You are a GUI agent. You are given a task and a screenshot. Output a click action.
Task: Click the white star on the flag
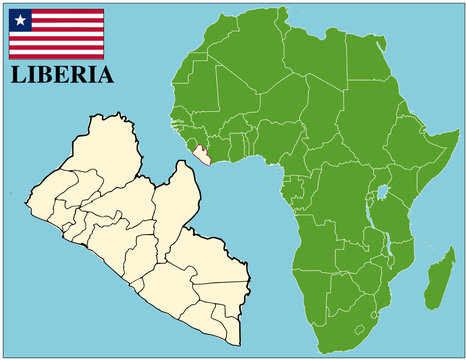20,19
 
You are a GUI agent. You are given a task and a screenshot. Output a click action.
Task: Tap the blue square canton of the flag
20,19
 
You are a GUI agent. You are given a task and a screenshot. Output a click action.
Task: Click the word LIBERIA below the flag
62,75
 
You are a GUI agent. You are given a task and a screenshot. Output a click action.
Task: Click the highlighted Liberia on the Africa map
204,157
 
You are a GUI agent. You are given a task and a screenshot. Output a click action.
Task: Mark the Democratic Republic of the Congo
340,200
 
